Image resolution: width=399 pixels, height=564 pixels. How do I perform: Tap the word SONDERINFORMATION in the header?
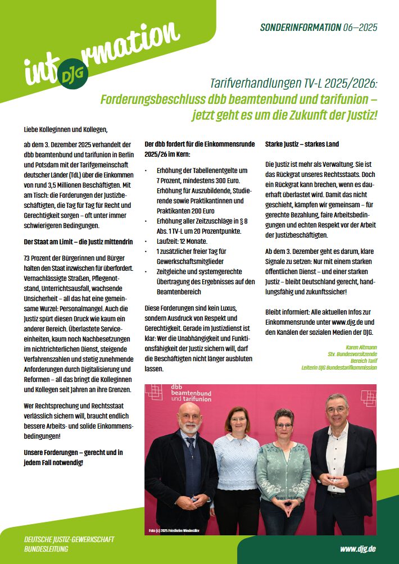click(x=301, y=27)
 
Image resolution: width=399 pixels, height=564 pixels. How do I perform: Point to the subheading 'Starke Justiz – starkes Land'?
click(x=302, y=144)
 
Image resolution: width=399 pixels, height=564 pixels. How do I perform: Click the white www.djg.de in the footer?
click(x=358, y=548)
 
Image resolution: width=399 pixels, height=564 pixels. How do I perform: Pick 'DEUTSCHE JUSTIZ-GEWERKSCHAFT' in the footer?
click(x=69, y=539)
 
